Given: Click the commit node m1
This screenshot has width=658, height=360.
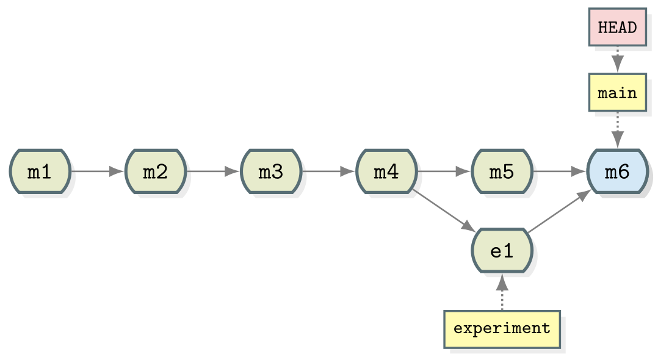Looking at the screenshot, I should point(40,171).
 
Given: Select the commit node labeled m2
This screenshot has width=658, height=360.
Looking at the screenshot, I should point(156,171).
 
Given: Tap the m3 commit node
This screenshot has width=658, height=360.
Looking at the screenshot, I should point(271,171).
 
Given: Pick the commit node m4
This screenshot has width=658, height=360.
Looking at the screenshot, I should point(386,171).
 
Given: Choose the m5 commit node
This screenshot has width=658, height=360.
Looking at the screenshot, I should point(502,171).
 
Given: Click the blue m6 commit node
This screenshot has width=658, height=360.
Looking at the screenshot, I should point(617,171).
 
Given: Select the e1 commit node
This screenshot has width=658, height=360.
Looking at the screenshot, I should point(502,251).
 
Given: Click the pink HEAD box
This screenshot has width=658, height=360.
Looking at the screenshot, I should point(617,27).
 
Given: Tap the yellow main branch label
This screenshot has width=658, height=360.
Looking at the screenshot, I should point(617,93).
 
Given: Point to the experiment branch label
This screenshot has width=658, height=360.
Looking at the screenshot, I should point(502,329).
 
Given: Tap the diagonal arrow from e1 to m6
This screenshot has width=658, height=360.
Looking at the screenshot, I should point(559,211).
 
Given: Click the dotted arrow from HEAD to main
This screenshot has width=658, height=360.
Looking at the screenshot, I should point(617,59).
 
